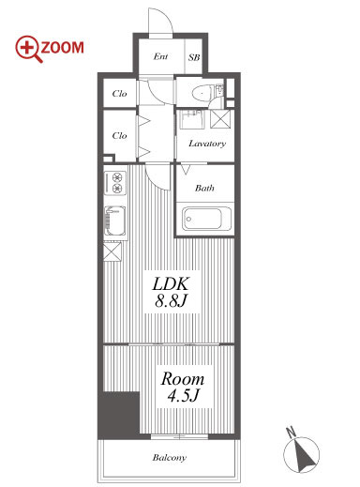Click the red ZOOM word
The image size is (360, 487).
[63, 48]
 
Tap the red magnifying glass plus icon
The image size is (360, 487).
[28, 49]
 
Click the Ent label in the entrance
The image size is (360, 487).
[160, 56]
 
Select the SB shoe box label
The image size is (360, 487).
[194, 57]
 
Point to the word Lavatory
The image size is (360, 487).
[207, 144]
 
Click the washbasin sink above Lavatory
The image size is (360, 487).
[191, 119]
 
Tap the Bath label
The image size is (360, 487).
[204, 188]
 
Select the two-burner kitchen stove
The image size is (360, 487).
[115, 183]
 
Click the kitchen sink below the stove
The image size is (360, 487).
[115, 221]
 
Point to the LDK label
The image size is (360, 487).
[171, 284]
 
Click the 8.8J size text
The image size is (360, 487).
[171, 301]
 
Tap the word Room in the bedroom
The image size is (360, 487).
[183, 379]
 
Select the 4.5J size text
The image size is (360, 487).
[183, 396]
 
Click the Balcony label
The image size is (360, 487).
[170, 458]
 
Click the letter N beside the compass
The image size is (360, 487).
[292, 433]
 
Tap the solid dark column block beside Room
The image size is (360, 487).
[119, 415]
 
